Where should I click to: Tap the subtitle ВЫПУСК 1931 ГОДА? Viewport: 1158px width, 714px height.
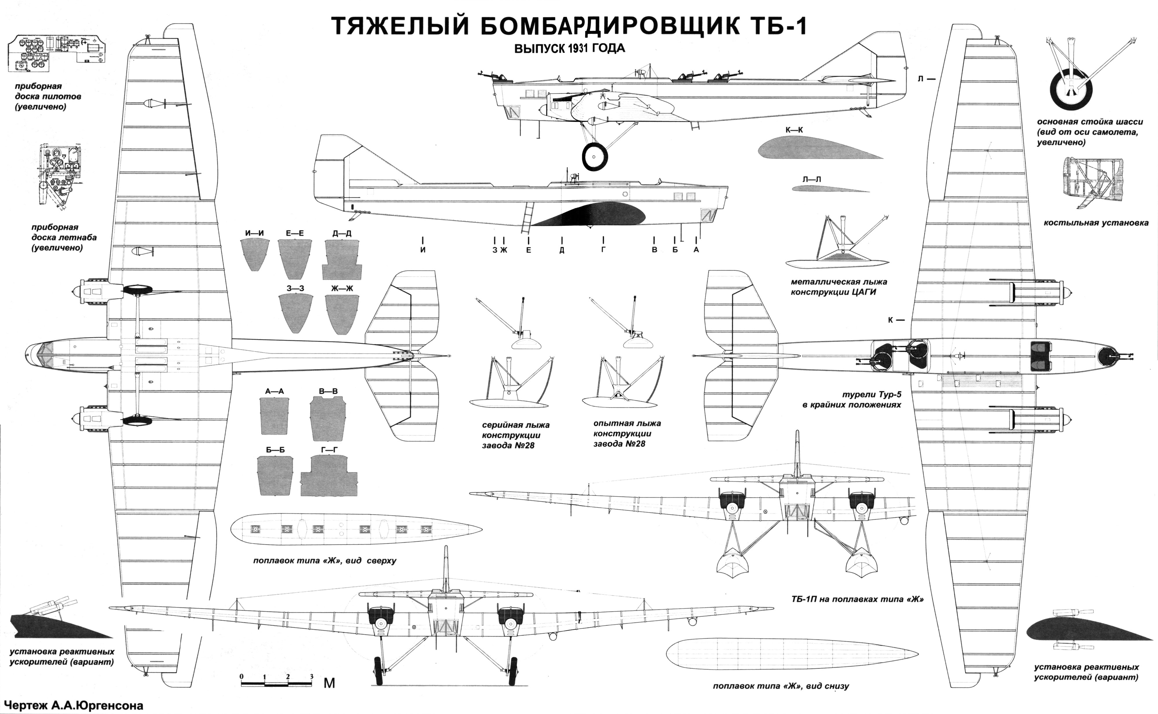click(x=569, y=49)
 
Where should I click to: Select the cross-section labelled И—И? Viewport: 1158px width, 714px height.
click(x=255, y=254)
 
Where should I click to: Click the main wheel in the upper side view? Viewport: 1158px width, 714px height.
click(x=594, y=156)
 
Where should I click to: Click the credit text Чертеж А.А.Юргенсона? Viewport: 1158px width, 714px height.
click(x=72, y=706)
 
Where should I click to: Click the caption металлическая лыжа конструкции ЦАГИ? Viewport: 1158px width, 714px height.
click(x=839, y=287)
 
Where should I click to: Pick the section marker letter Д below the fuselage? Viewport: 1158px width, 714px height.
click(x=562, y=250)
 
